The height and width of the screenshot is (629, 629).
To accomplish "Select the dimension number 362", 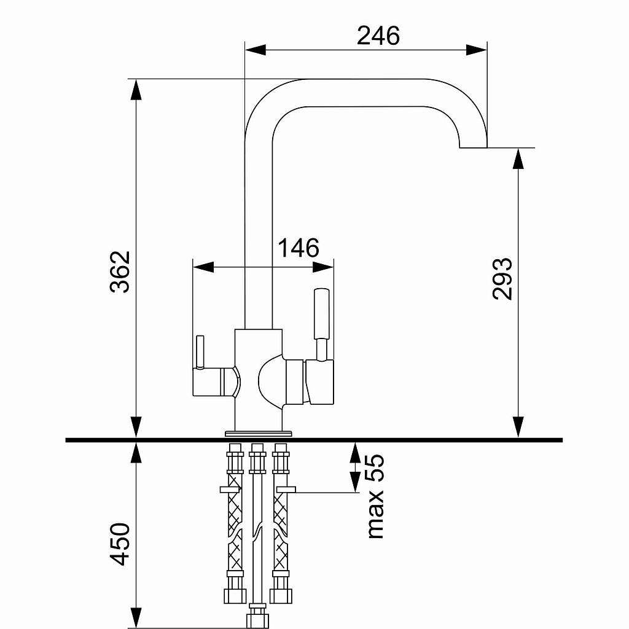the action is (x=120, y=272).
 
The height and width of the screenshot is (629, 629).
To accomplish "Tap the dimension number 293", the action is (x=502, y=279).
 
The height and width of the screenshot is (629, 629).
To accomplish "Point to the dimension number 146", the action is (x=299, y=248).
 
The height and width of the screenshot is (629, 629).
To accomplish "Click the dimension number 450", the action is (x=120, y=544).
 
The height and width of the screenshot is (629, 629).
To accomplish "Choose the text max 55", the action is (x=375, y=496).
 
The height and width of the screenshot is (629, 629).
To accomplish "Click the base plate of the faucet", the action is (x=259, y=434).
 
